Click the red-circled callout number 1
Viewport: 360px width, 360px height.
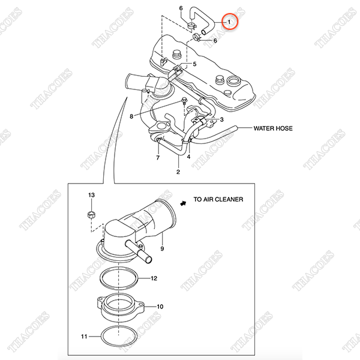pos(229,22)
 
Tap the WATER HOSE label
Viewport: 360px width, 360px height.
pos(273,128)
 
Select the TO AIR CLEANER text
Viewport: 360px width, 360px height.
pos(218,199)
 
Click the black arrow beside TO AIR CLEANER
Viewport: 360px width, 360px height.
pos(183,203)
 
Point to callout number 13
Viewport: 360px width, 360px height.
pos(91,195)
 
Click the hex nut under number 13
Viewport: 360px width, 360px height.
pos(92,215)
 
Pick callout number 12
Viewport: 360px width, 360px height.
pos(154,278)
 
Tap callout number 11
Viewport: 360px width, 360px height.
pos(84,337)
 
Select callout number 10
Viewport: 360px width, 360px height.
pos(160,307)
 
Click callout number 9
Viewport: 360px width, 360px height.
pos(162,248)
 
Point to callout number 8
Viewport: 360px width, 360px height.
pos(131,116)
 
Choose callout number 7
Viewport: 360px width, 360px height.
pos(158,158)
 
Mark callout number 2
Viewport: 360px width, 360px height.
pos(178,172)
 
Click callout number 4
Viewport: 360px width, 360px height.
pos(189,157)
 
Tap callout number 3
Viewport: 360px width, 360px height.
pos(221,119)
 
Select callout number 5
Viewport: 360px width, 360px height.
pos(194,64)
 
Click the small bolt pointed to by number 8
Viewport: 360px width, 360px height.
pos(184,101)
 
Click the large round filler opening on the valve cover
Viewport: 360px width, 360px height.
pos(233,81)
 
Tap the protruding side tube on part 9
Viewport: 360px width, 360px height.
pos(139,251)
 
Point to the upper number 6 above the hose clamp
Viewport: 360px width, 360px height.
pos(181,8)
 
